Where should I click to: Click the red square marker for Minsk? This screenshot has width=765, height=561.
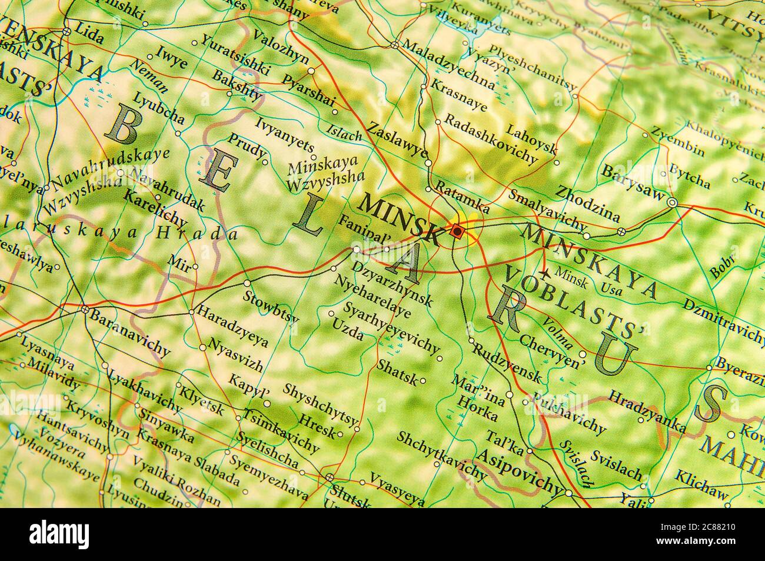(x=457, y=231)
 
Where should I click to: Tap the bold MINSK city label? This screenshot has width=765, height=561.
(x=400, y=217)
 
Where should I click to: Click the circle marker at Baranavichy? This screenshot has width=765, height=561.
(x=85, y=309)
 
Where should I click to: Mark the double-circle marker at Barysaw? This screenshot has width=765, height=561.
(x=673, y=203)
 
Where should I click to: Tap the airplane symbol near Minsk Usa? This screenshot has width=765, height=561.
(x=546, y=273)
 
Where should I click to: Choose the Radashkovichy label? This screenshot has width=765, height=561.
(x=490, y=138)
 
